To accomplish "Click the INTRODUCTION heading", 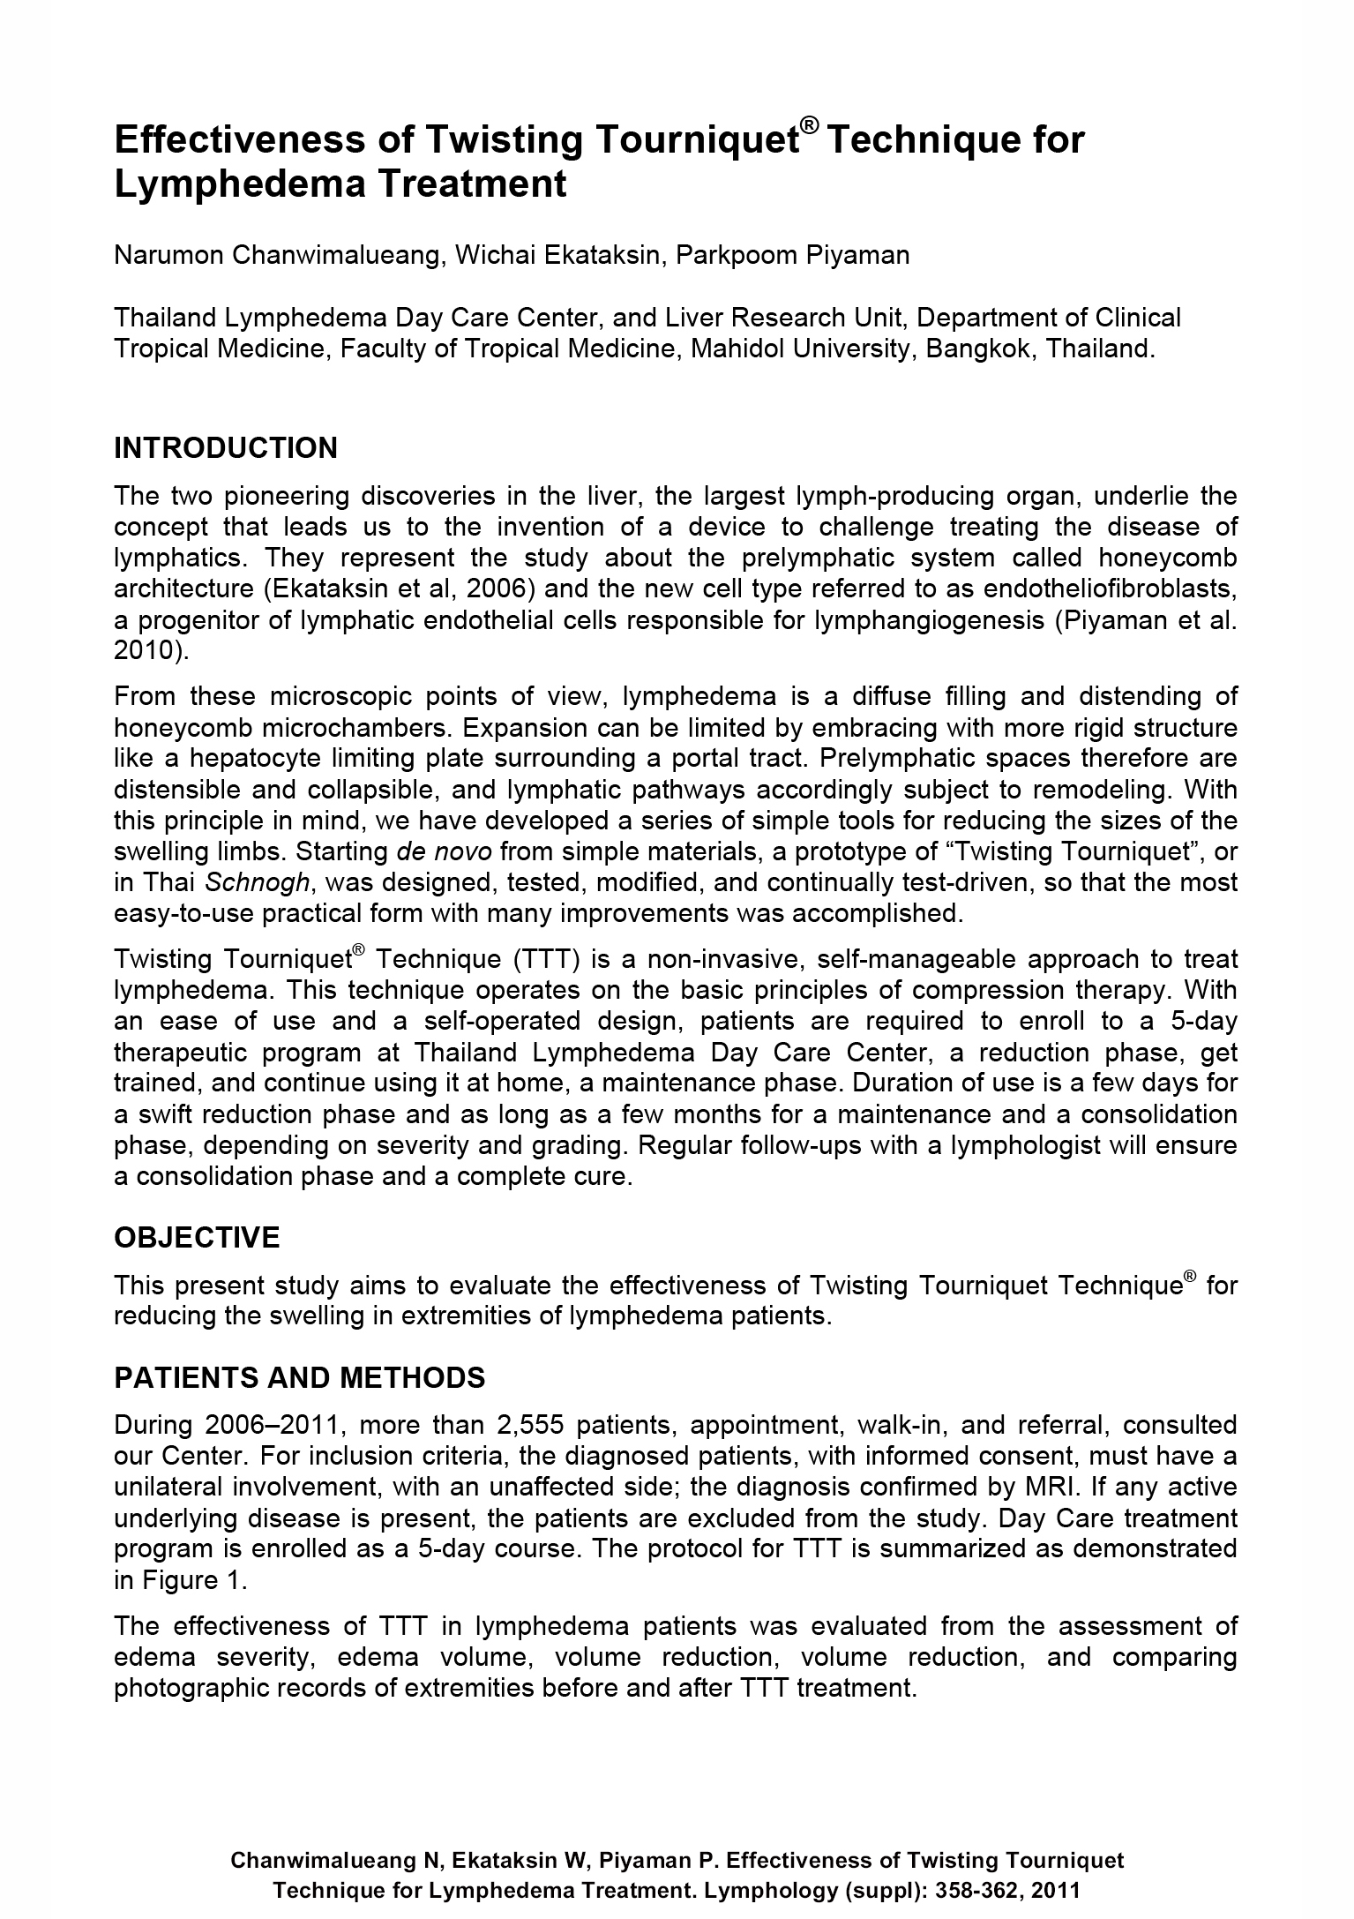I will click(x=226, y=448).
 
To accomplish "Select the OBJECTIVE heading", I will click(x=197, y=1238).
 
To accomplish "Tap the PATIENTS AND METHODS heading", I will click(x=300, y=1377).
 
